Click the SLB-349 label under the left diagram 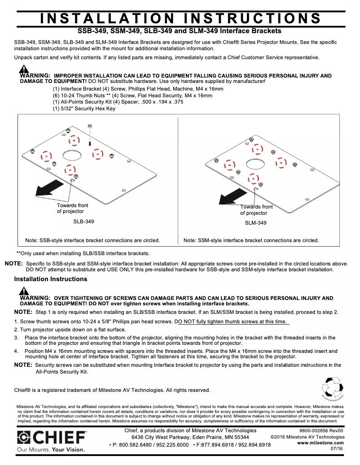[x=83, y=222]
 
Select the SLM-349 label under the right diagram [x=255, y=223]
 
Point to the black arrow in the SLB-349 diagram [x=49, y=187]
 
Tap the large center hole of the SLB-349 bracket [x=73, y=155]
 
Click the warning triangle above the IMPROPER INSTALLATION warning [x=24, y=70]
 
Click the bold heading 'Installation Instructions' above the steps [x=51, y=279]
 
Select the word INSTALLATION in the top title [x=107, y=18]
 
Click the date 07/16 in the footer [x=337, y=448]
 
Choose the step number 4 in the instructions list [x=16, y=351]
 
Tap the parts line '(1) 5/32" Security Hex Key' [x=84, y=109]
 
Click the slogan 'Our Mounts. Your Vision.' [x=50, y=449]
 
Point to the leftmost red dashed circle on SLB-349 [x=46, y=156]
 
